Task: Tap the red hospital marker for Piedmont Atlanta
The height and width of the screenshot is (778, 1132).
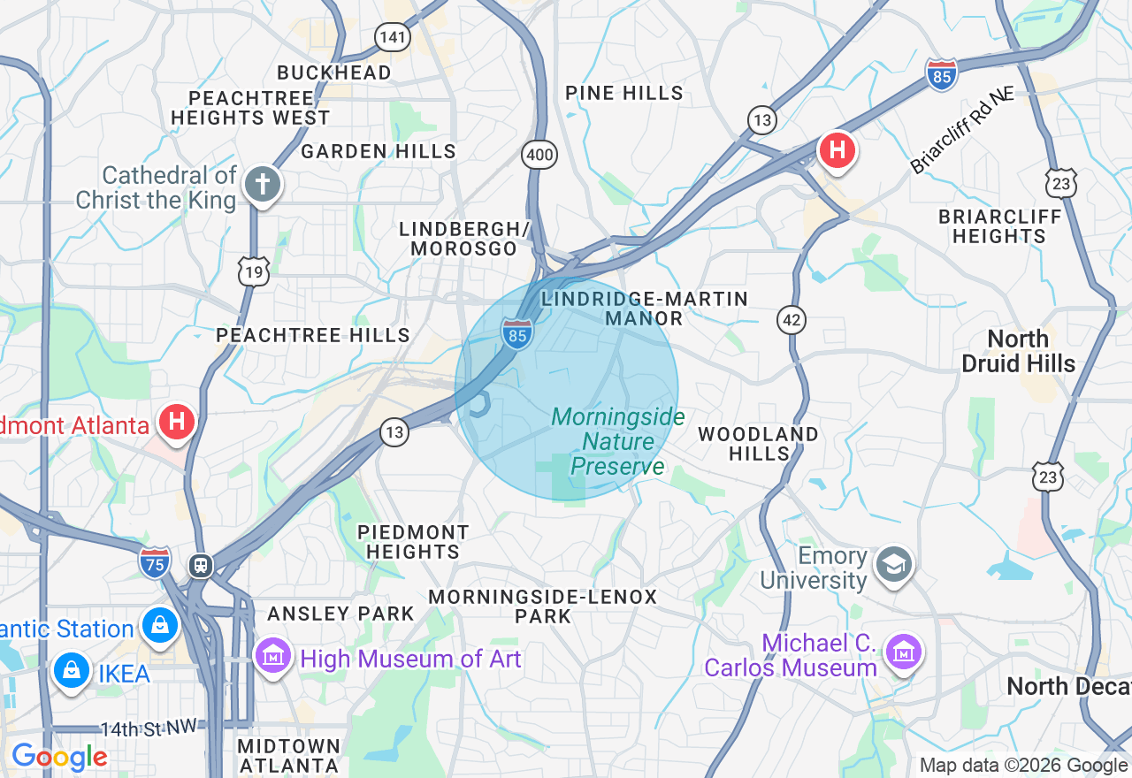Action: pos(177,422)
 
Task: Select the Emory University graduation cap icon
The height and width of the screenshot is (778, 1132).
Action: pos(893,564)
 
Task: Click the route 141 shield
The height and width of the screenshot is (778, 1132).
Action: pos(392,36)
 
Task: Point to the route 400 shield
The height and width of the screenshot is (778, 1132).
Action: pos(539,156)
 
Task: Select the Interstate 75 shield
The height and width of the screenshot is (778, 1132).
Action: pos(155,562)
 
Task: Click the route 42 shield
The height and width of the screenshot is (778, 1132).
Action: pos(792,320)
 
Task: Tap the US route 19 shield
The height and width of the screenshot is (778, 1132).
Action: pos(254,272)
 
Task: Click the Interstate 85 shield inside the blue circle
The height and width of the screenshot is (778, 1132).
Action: pos(517,334)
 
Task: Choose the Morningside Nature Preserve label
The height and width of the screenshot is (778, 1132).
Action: pos(617,441)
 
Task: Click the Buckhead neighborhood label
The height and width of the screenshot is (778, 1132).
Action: pos(334,72)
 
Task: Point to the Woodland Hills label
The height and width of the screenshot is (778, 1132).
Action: pos(758,444)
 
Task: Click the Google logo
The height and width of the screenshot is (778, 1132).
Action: pos(59,757)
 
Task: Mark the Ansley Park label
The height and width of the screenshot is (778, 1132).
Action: pos(340,614)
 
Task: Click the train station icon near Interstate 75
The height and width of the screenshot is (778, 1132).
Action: pos(202,565)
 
